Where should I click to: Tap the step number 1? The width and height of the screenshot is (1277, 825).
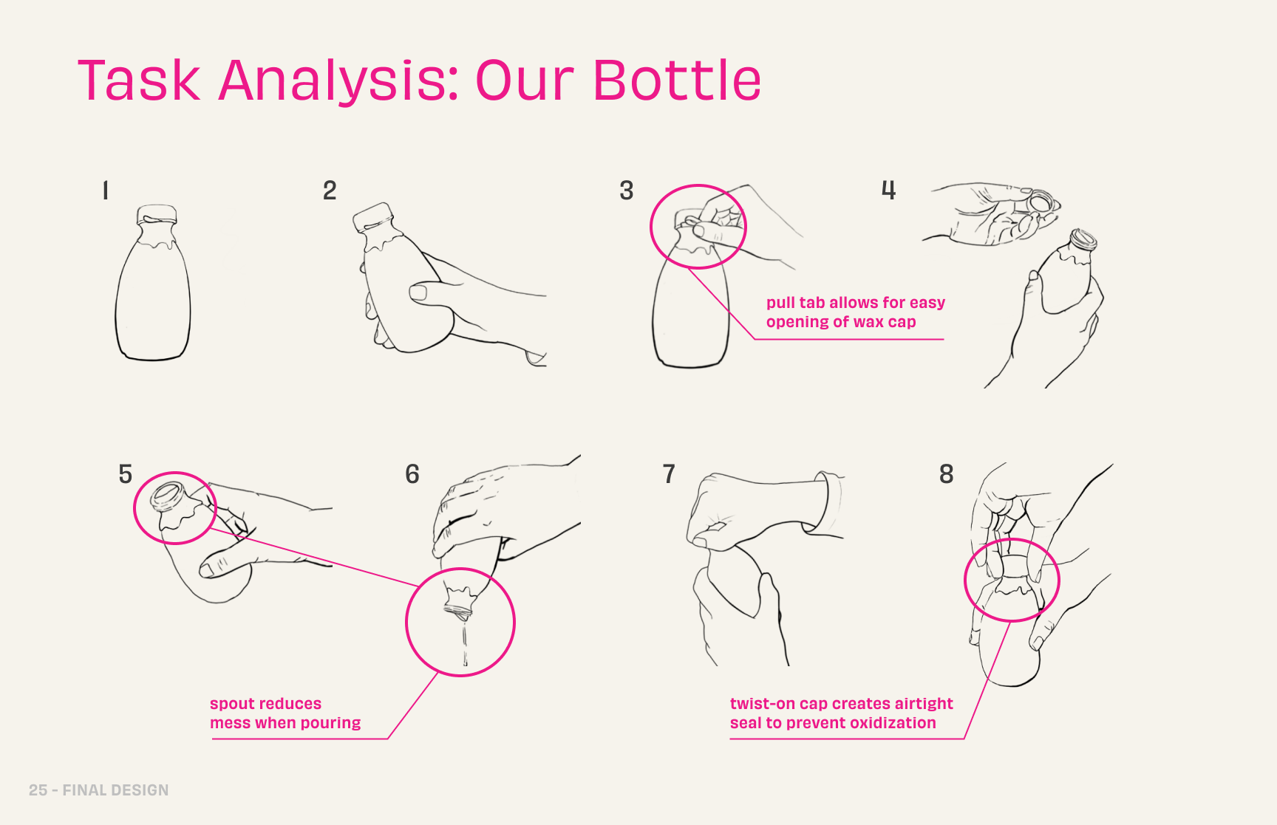(x=106, y=191)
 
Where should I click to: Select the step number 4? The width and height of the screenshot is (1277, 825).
(x=888, y=190)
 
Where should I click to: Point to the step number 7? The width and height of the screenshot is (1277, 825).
(x=669, y=473)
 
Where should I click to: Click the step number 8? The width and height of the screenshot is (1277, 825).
(x=946, y=473)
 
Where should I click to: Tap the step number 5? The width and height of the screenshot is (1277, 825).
(x=126, y=473)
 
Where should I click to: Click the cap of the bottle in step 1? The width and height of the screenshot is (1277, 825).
(x=157, y=215)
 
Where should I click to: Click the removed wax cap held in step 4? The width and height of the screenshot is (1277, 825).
(x=1041, y=201)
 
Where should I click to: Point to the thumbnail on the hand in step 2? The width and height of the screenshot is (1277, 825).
(x=418, y=293)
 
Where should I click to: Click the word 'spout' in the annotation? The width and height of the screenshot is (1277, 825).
(x=231, y=705)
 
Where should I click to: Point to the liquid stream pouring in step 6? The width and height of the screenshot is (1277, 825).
(x=465, y=643)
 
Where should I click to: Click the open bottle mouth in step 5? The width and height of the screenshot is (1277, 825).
(x=168, y=494)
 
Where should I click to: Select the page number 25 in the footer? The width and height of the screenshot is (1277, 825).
(x=38, y=790)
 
